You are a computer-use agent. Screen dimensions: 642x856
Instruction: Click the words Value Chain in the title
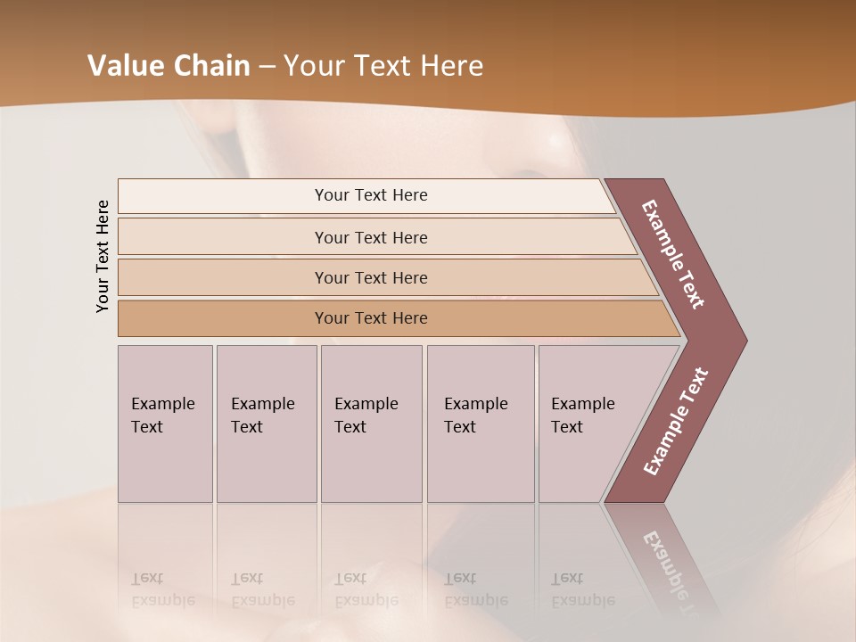[169, 66]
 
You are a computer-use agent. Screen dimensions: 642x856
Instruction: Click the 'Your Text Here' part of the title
[383, 66]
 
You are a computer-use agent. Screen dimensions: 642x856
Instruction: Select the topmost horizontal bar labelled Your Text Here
[371, 195]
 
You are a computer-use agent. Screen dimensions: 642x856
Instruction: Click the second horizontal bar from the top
[371, 237]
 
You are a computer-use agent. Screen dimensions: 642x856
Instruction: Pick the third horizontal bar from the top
[371, 277]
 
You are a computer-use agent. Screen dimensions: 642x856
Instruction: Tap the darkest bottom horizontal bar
[371, 318]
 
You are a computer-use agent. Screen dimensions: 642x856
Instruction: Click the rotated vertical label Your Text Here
[103, 256]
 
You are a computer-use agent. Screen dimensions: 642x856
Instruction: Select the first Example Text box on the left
[165, 423]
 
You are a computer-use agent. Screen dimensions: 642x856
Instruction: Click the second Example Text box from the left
[266, 423]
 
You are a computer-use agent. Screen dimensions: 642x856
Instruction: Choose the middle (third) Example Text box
[371, 423]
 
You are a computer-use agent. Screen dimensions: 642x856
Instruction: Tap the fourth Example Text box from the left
[480, 423]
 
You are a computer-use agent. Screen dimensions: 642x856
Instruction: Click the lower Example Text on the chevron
[676, 422]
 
